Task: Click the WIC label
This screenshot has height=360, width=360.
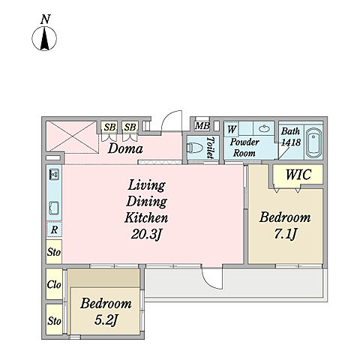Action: [x=298, y=174]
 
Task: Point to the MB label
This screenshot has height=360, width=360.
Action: [x=202, y=126]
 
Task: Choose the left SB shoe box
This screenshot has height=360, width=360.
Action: [x=109, y=127]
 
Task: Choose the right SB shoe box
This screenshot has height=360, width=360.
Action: [x=130, y=127]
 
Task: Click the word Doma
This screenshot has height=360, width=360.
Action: [x=125, y=148]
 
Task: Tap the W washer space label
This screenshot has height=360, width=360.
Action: [x=231, y=129]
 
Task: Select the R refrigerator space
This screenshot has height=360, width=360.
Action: [x=54, y=229]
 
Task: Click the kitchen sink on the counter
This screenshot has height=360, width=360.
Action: [x=54, y=208]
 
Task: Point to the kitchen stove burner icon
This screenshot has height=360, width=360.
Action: [x=54, y=174]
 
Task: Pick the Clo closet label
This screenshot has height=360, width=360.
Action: [x=54, y=284]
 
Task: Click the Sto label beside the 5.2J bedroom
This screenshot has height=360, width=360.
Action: [x=54, y=320]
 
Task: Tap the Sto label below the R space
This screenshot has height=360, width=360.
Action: [x=54, y=252]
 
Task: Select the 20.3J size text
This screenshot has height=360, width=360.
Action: [x=146, y=235]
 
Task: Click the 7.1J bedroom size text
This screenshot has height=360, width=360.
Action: [x=285, y=235]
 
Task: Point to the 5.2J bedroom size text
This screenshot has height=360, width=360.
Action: [x=106, y=320]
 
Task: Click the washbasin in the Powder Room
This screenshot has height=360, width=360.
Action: [x=264, y=129]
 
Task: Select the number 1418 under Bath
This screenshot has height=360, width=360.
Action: [x=291, y=142]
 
